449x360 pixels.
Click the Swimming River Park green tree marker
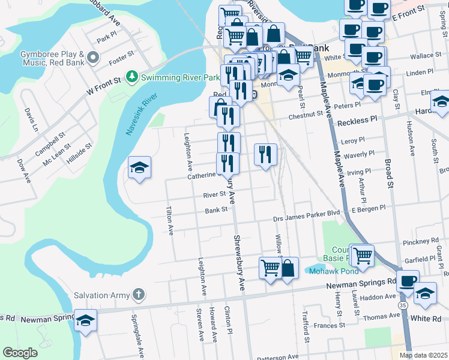coord(131,77)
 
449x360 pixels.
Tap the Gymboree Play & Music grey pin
coord(92,58)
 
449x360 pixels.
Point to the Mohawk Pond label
coord(325,271)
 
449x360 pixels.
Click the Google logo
coord(20,353)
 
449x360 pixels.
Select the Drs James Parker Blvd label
coord(306,214)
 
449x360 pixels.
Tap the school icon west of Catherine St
coord(139,167)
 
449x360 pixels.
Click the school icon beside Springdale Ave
coord(85,320)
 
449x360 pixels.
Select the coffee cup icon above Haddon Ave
coord(408,281)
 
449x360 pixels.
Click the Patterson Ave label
coord(277,356)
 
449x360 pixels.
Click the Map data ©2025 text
coord(423,355)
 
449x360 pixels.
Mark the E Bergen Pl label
coord(369,208)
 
